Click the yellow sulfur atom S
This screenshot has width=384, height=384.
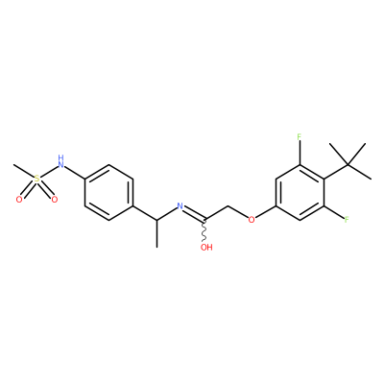37,179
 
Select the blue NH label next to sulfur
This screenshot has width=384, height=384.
60,161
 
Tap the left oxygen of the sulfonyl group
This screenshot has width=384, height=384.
19,200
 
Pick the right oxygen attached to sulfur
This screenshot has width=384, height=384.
55,200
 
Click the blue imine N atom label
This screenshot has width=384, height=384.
180,206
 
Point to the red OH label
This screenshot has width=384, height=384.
206,247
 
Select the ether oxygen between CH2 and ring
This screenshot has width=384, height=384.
252,220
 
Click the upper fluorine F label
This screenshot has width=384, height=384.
300,137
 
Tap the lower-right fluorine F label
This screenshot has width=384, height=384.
347,220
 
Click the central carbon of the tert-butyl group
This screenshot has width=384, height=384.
348,165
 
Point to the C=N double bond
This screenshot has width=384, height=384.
194,213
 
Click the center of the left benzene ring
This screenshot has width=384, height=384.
108,192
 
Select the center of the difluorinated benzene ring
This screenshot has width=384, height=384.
300,192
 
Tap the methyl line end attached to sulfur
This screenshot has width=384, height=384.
13,165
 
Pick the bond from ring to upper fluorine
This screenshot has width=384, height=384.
300,154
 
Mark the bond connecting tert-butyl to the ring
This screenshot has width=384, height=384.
336,172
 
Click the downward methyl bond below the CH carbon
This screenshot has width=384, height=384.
156,233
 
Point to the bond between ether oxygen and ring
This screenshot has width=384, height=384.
266,212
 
